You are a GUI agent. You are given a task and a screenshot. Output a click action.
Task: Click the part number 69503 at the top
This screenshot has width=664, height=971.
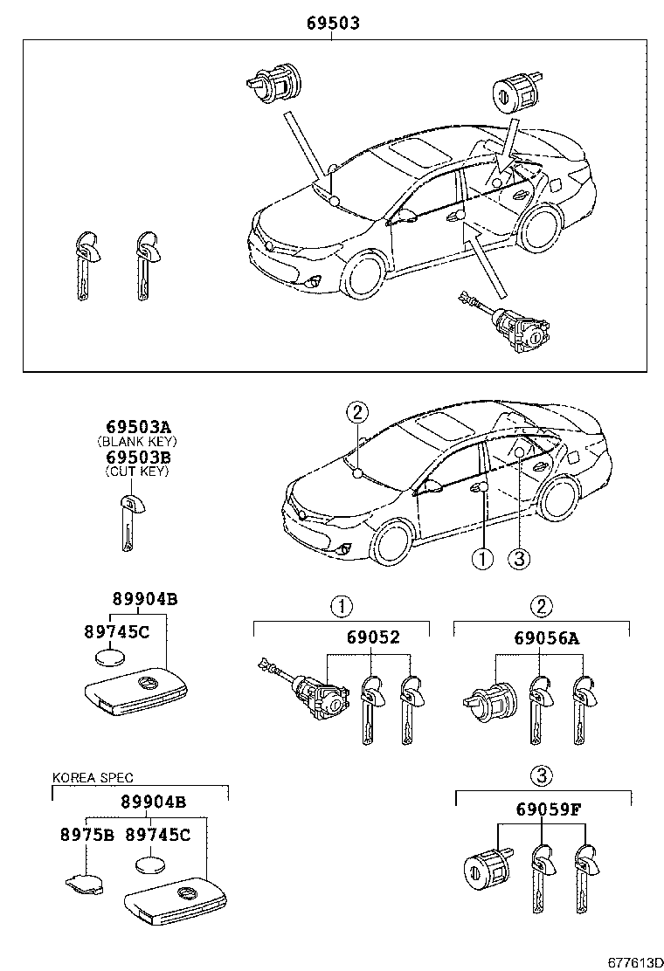333,24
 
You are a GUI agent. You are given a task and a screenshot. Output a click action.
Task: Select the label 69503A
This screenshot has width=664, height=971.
138,427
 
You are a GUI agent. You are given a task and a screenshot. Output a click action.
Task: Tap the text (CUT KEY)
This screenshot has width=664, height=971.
137,472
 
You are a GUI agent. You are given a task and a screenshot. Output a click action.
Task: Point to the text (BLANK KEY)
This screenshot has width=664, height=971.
137,442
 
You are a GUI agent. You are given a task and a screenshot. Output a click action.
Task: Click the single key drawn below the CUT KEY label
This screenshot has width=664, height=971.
129,521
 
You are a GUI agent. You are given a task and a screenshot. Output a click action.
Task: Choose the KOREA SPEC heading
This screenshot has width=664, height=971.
93,777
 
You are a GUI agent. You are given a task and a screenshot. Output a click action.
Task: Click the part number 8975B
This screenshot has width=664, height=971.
87,834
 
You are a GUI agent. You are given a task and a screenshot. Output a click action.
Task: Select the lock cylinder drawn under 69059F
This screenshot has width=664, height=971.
488,868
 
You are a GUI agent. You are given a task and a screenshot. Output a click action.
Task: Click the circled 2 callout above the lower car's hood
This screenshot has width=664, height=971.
356,412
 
